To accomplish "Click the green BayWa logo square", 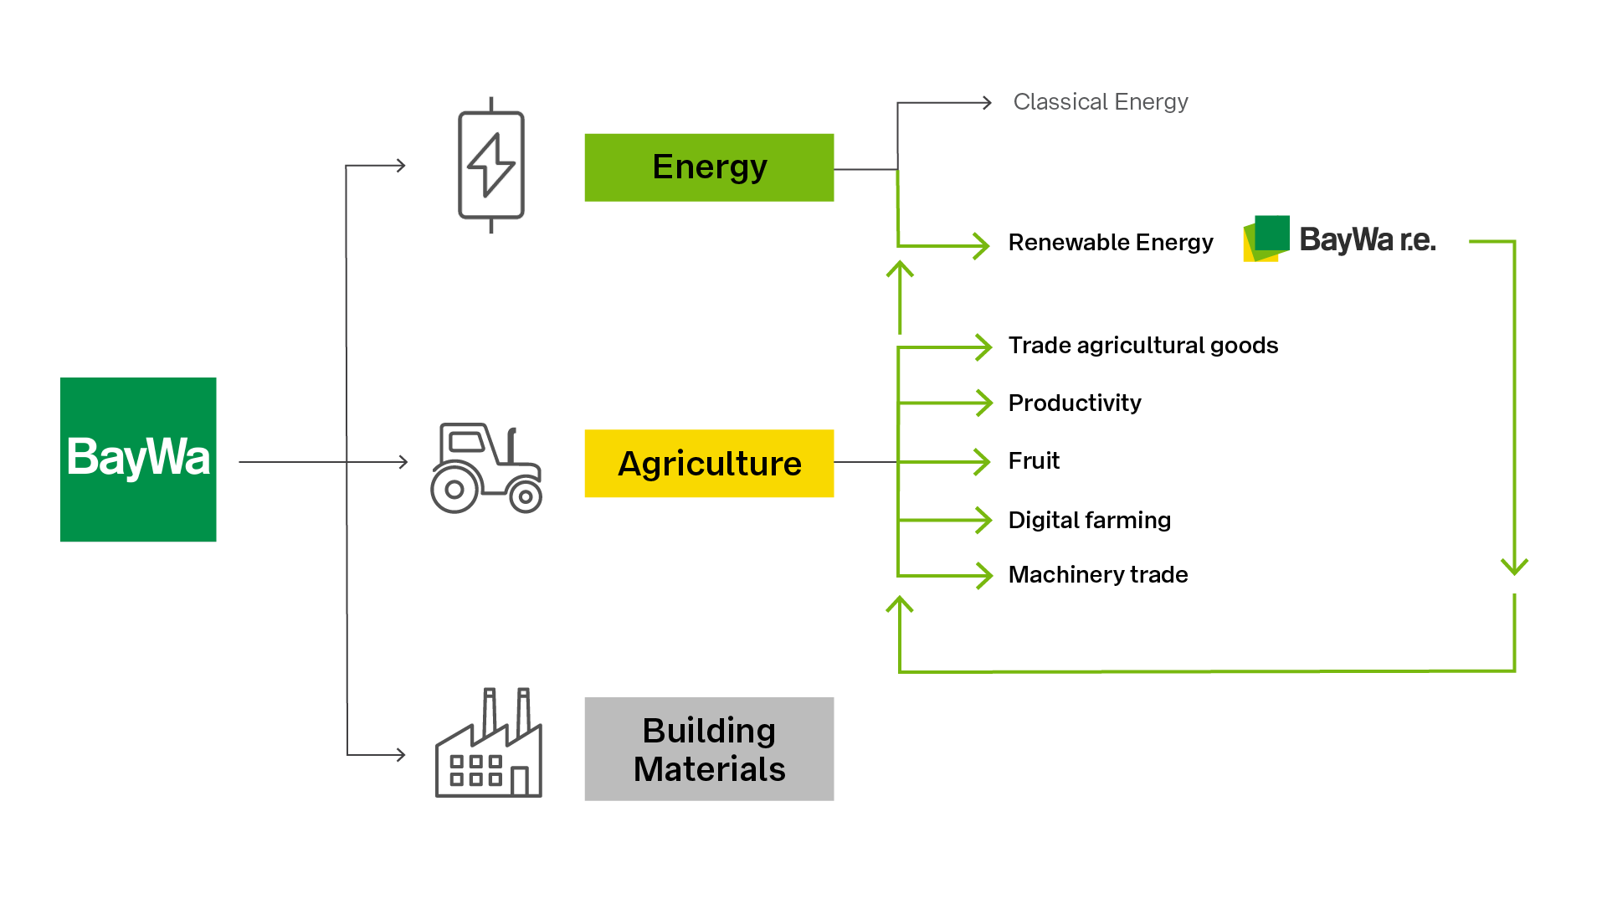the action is [138, 460].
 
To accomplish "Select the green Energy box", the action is [709, 167].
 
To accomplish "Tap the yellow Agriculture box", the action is [709, 463].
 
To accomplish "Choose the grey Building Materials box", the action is [709, 749].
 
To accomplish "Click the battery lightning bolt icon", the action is [491, 165].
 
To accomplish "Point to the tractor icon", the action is [486, 468].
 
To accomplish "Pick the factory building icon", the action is [489, 742].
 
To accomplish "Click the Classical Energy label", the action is [1101, 102].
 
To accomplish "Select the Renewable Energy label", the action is [1111, 243].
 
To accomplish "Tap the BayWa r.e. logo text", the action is [1368, 240].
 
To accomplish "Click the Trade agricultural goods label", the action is [1143, 346].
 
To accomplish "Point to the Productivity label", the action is [1075, 403].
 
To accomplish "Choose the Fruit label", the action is [1034, 461].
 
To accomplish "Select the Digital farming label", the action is [1090, 521].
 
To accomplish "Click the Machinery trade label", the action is [1098, 575].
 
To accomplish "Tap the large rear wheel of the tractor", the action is [454, 490].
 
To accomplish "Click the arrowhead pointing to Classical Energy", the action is [987, 103].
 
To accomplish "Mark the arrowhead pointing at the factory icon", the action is [401, 755].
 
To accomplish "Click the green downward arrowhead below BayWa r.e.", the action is [1515, 567].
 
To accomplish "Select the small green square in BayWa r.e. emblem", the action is [1272, 233].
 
